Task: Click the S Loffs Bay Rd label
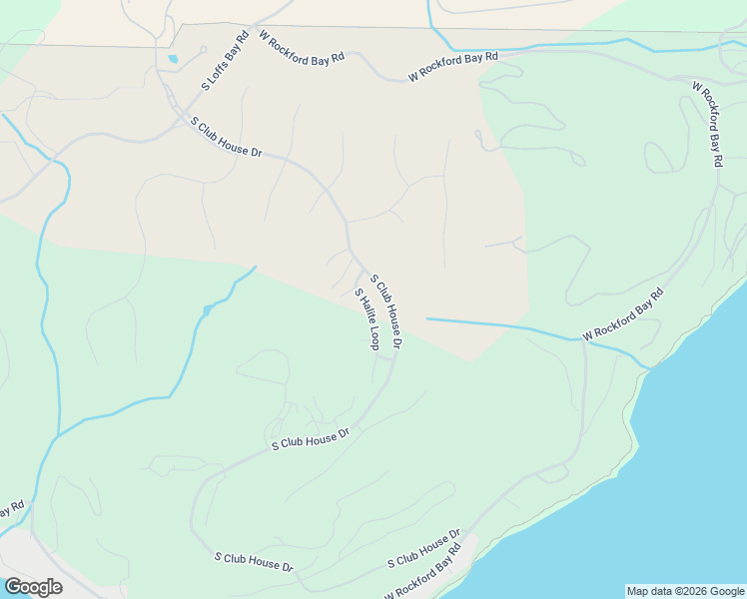click(225, 63)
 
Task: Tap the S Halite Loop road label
click(367, 318)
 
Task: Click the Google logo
click(33, 587)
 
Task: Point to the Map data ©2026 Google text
click(685, 591)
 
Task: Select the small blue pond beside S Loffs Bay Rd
click(174, 59)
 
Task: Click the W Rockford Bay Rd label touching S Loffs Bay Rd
click(301, 48)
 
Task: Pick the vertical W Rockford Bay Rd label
click(707, 124)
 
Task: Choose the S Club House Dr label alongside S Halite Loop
click(385, 311)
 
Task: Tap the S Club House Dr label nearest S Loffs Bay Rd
click(226, 137)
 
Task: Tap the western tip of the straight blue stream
click(427, 318)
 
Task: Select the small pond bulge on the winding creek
click(207, 310)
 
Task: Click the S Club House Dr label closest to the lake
click(423, 550)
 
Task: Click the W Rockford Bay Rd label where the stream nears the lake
click(623, 314)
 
